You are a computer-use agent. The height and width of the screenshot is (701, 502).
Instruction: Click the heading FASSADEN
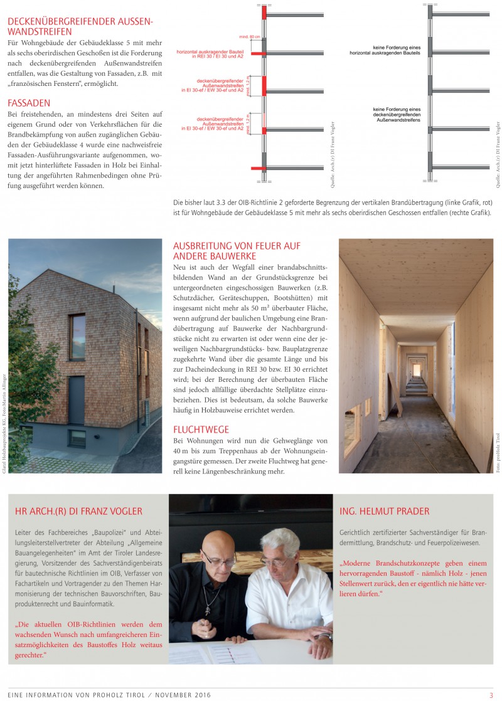click(x=29, y=102)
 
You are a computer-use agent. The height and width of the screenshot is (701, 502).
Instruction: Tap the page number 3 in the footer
click(x=491, y=695)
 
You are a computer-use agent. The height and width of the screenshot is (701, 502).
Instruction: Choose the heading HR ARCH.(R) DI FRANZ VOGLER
click(x=78, y=511)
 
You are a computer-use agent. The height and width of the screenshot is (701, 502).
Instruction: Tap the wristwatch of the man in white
click(x=325, y=637)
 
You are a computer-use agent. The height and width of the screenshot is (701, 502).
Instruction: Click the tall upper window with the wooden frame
click(x=77, y=337)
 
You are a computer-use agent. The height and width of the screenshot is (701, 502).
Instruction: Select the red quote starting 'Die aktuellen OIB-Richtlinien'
click(x=88, y=640)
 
